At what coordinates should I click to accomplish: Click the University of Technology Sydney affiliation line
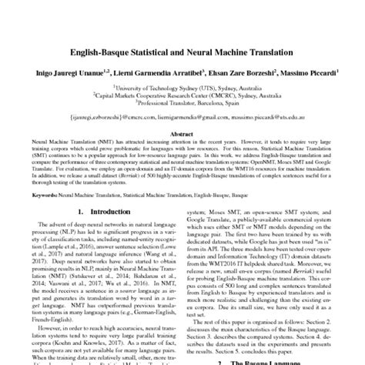click(182, 89)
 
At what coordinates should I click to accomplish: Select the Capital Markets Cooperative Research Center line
click(182, 96)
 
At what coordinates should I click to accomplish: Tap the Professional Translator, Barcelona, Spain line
click(182, 104)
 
